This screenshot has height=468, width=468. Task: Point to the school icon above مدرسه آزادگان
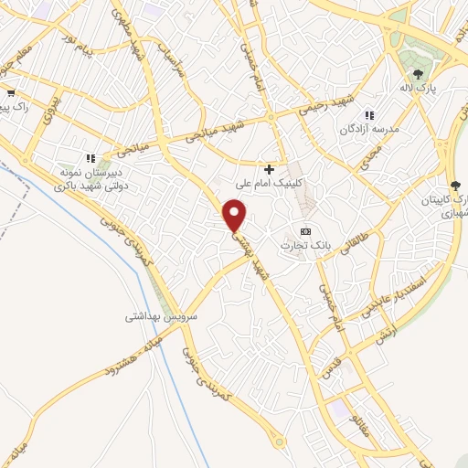(x=370, y=115)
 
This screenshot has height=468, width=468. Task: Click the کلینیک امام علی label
(x=268, y=184)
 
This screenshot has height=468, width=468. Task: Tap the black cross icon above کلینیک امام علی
(x=269, y=169)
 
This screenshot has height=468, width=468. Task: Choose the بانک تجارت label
(x=307, y=245)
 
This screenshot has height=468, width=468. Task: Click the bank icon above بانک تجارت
(x=305, y=230)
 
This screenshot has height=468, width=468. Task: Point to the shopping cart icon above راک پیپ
(x=10, y=92)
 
